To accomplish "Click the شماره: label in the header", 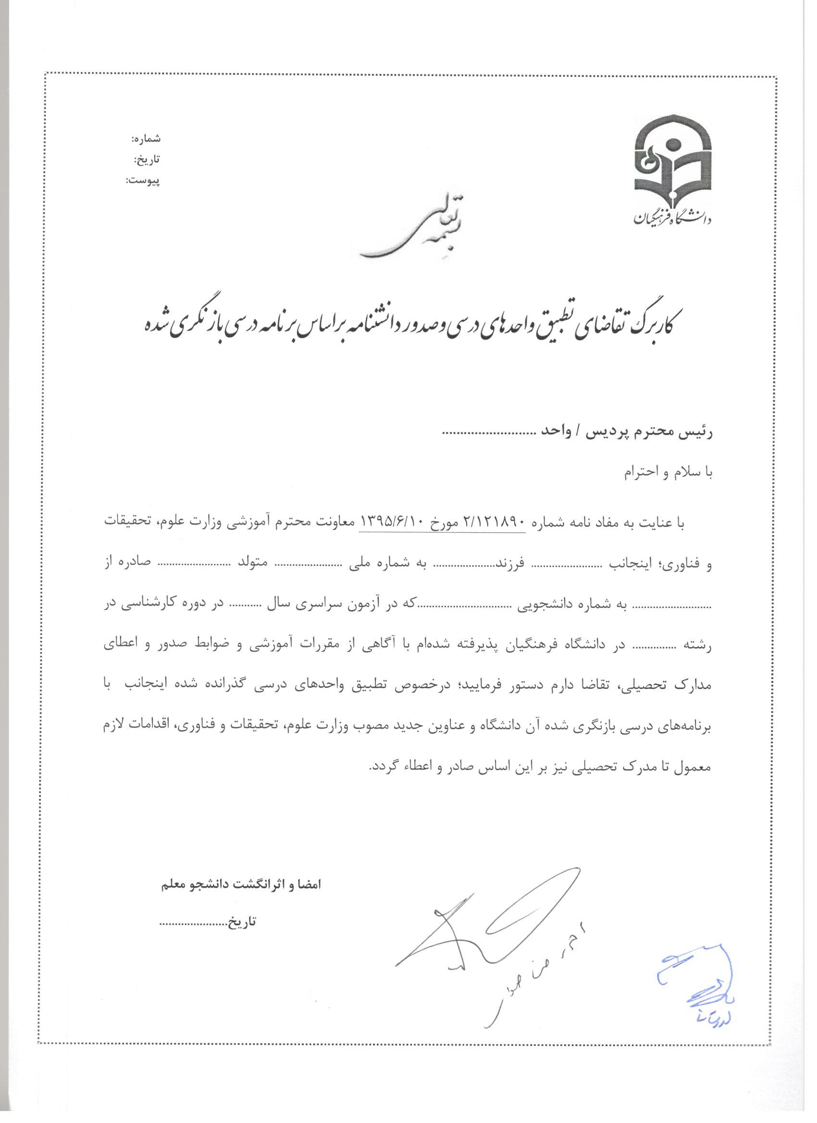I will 146,139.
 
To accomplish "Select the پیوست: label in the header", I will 143,181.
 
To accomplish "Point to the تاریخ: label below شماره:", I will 148,160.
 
